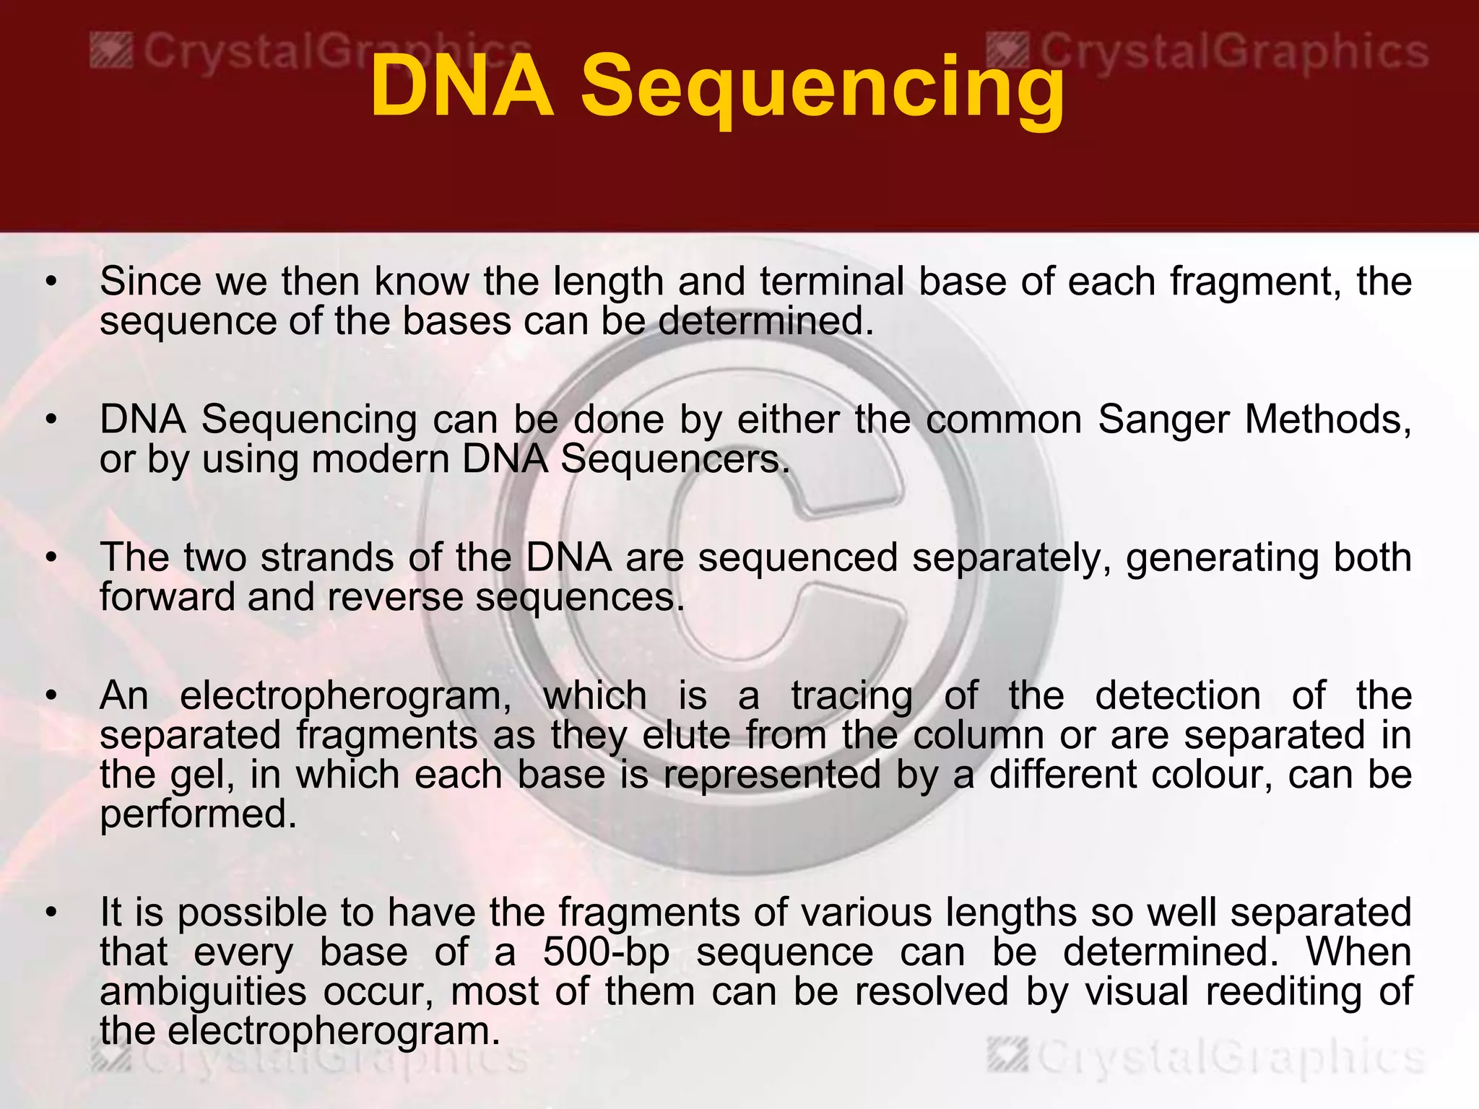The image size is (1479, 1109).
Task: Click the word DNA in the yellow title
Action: point(462,87)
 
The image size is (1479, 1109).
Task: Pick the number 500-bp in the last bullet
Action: point(607,953)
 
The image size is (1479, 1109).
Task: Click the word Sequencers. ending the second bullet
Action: point(675,460)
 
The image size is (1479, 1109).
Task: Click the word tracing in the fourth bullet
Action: point(851,697)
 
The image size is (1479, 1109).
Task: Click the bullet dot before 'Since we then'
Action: point(50,282)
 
